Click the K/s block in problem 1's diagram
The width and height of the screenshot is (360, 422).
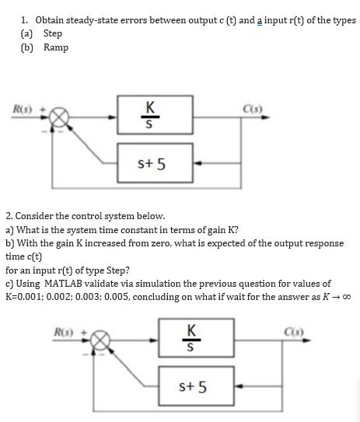(x=150, y=117)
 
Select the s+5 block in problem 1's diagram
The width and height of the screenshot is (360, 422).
(x=150, y=164)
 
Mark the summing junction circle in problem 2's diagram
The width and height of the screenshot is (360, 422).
(x=100, y=340)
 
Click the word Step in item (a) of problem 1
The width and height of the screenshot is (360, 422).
(x=53, y=33)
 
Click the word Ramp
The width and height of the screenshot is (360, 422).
(x=56, y=47)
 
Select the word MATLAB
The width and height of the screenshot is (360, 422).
(x=70, y=284)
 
